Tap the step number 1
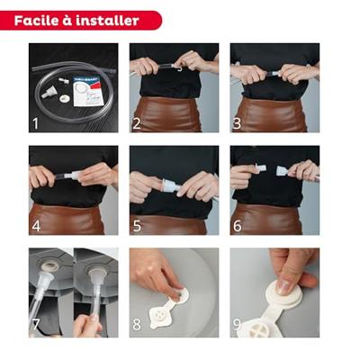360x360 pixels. (x=36, y=123)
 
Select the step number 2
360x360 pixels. (x=137, y=123)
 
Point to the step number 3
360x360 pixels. (x=237, y=123)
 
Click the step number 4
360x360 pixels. (x=36, y=226)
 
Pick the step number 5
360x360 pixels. (x=137, y=226)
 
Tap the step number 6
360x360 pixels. (x=238, y=226)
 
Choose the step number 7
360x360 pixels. (x=36, y=324)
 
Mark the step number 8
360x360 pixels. (x=137, y=324)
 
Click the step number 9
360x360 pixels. (x=237, y=324)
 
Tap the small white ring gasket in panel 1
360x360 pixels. (x=64, y=99)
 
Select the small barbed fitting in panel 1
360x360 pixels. (x=64, y=80)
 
